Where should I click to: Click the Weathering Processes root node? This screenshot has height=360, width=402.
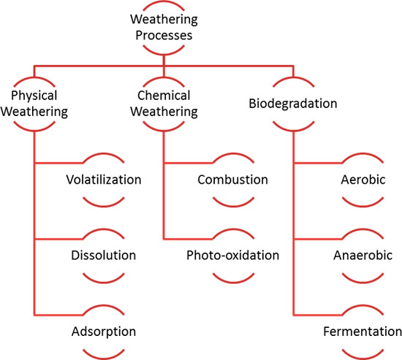(x=164, y=27)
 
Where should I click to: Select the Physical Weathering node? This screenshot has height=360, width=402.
(x=34, y=104)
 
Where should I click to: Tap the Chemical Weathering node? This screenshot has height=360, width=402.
(x=164, y=104)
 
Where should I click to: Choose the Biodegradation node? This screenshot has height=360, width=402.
(x=293, y=104)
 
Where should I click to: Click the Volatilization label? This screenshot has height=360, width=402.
(x=104, y=180)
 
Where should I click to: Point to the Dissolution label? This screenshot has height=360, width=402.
(x=104, y=256)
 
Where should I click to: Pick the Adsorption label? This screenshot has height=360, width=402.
(x=104, y=332)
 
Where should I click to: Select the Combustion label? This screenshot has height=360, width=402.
(x=232, y=180)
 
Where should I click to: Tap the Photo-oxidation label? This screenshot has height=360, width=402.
(x=232, y=256)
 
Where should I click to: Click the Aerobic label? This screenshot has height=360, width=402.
(x=363, y=180)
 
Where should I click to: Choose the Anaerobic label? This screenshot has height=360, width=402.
(x=363, y=256)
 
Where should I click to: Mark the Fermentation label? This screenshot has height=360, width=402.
(x=363, y=332)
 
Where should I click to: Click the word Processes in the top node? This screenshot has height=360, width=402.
(x=164, y=35)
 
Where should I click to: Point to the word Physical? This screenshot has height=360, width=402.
(x=34, y=96)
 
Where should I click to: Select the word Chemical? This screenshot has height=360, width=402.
(x=164, y=96)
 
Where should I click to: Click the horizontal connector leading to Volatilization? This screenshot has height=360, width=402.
(x=58, y=163)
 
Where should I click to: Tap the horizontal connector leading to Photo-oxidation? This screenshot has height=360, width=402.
(x=188, y=239)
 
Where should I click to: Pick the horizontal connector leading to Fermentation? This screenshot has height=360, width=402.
(x=318, y=315)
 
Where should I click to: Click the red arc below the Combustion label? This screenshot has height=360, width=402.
(x=233, y=205)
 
